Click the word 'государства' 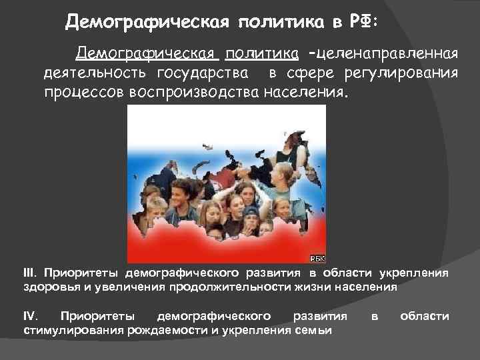pyautogui.click(x=204, y=72)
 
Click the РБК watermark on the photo pyautogui.click(x=317, y=258)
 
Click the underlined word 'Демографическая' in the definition pyautogui.click(x=147, y=53)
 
